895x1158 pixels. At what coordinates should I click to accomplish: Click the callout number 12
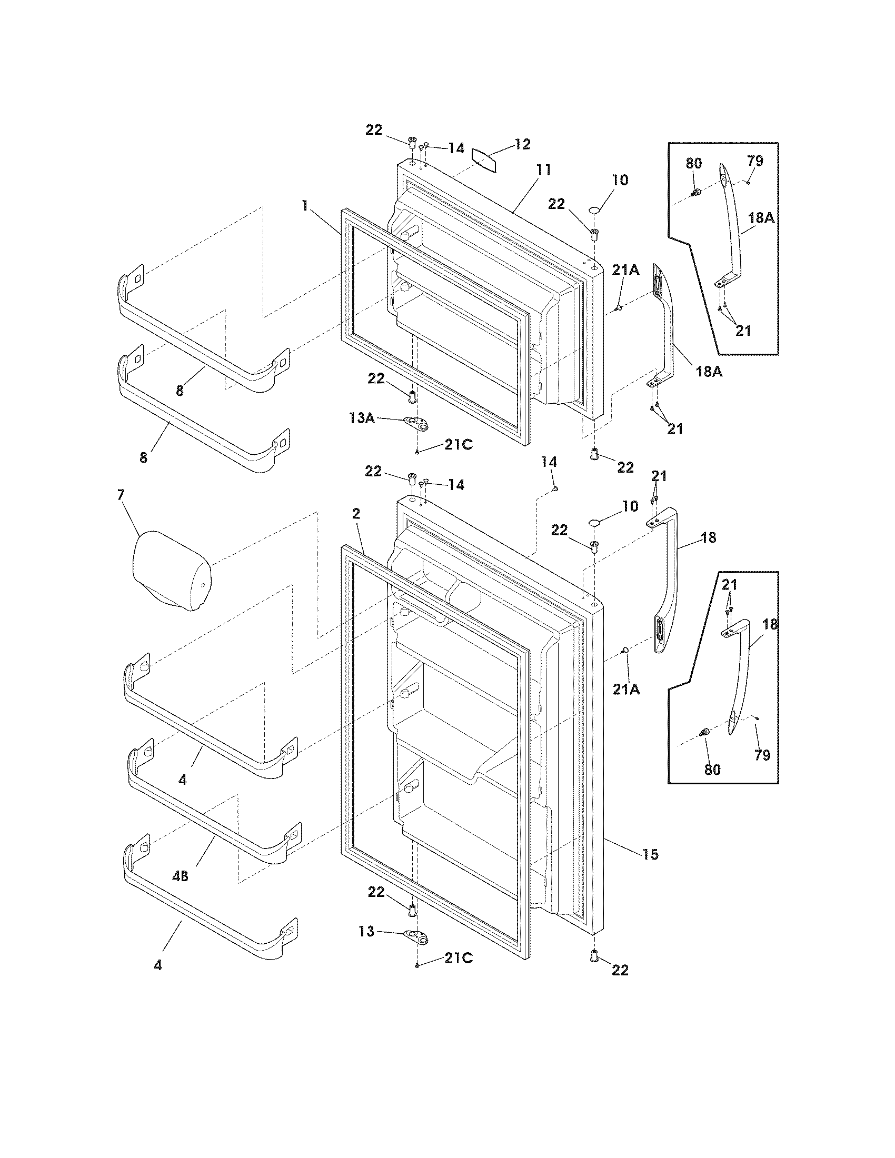click(x=522, y=144)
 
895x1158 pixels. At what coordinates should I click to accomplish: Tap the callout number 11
click(x=543, y=170)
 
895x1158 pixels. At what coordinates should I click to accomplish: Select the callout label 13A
click(x=362, y=418)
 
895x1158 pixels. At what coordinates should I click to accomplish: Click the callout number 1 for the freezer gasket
click(x=305, y=206)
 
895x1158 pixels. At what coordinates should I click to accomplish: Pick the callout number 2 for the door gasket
click(x=356, y=513)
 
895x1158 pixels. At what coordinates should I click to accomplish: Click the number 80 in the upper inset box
click(x=694, y=163)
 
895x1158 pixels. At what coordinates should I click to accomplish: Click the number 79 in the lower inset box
click(x=762, y=755)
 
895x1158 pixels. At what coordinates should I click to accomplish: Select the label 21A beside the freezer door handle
click(x=626, y=270)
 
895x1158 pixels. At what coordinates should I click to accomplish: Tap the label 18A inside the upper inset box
click(x=761, y=218)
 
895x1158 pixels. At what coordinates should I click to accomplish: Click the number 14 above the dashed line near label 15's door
click(x=549, y=462)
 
